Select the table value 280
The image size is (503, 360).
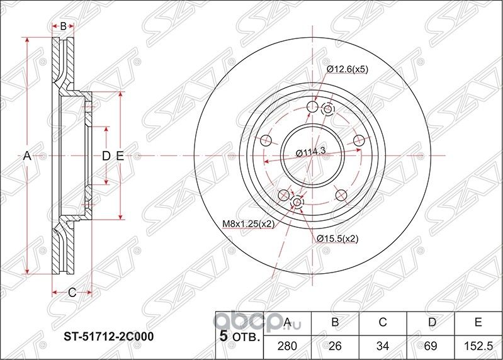287,345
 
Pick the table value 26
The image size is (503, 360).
335,345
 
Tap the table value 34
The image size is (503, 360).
382,345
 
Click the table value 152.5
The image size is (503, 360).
478,345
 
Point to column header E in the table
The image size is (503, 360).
478,323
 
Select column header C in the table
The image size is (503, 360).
382,323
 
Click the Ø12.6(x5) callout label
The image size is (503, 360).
346,70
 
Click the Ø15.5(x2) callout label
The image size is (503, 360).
337,238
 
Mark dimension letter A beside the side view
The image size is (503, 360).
27,155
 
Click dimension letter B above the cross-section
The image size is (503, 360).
63,26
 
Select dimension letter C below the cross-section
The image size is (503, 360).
72,291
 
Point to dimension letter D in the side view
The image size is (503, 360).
106,155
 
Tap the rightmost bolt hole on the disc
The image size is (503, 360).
359,140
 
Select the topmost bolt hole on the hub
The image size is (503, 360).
312,107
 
